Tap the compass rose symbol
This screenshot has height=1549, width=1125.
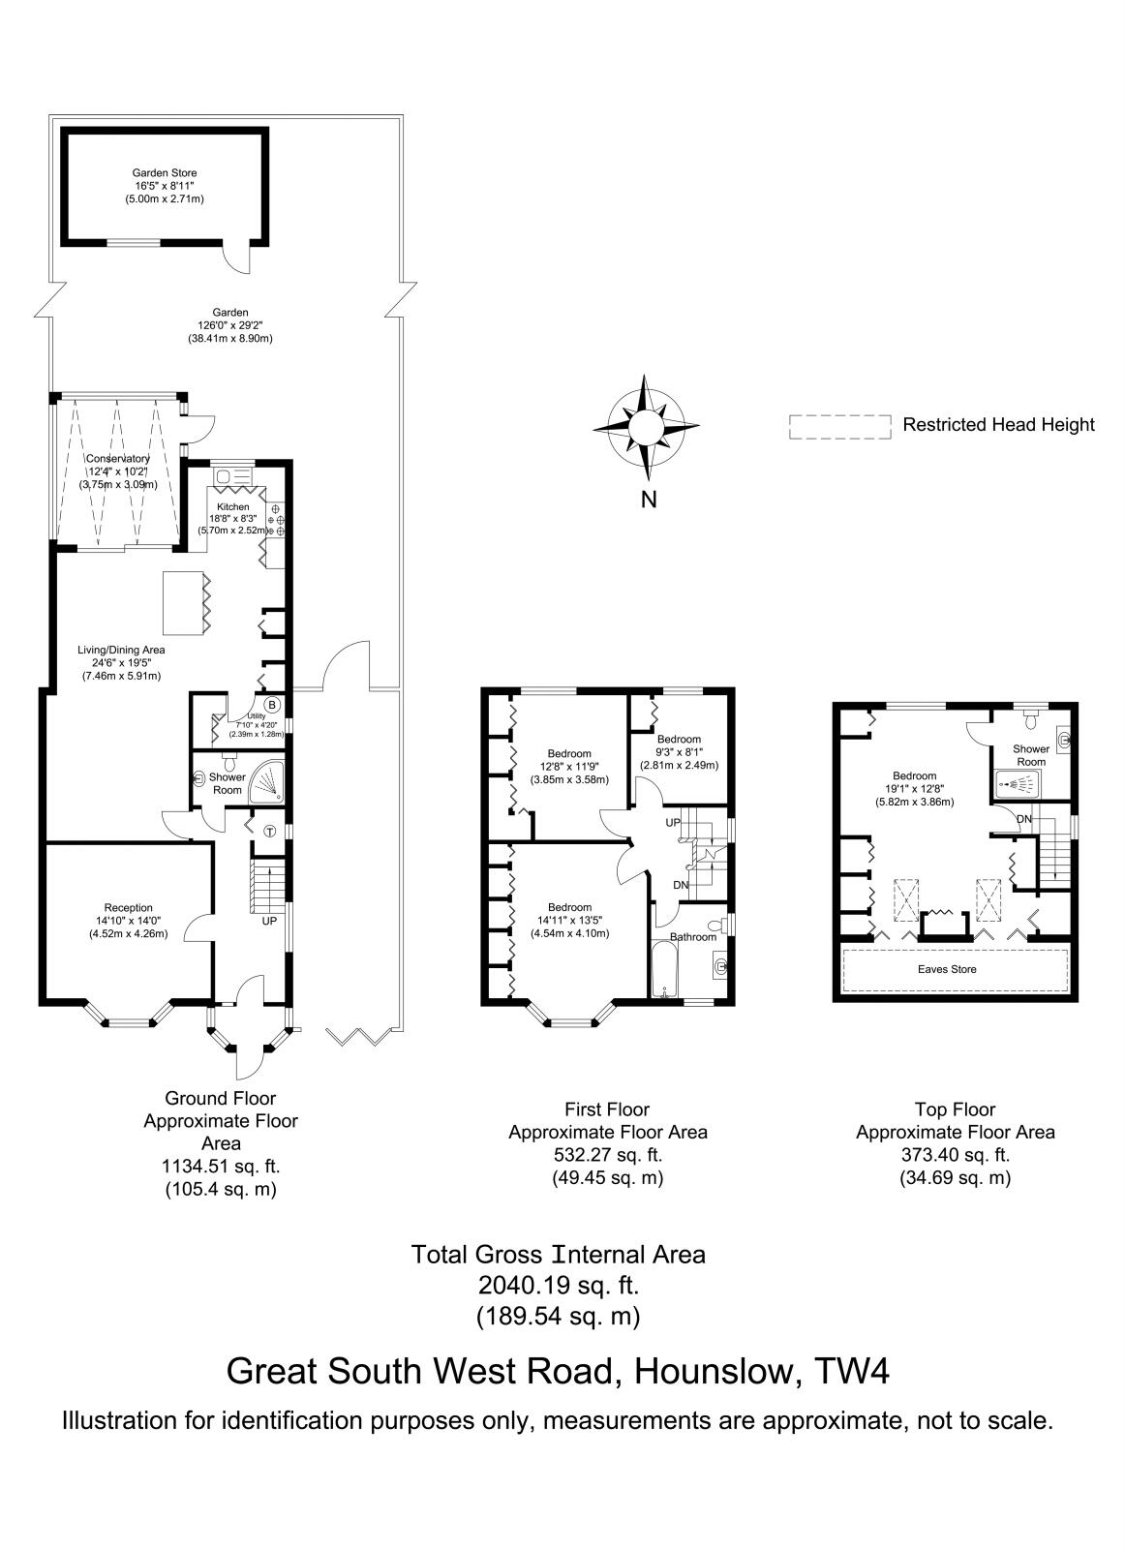click(647, 426)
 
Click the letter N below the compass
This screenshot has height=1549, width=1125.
click(650, 501)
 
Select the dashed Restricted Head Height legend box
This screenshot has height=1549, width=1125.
click(839, 427)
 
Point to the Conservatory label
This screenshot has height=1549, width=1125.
click(117, 458)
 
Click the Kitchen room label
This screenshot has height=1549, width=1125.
click(232, 507)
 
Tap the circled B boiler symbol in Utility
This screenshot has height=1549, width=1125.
click(272, 704)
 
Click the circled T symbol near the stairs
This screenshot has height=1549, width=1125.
click(268, 831)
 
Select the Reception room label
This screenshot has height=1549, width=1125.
click(129, 908)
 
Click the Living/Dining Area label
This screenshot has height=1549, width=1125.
click(121, 650)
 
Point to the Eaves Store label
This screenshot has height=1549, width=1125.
click(947, 969)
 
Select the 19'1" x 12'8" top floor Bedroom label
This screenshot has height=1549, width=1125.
click(915, 775)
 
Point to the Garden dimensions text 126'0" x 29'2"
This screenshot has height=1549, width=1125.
click(230, 326)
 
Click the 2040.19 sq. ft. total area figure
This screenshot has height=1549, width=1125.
click(559, 1285)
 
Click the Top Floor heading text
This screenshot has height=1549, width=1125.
click(955, 1109)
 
